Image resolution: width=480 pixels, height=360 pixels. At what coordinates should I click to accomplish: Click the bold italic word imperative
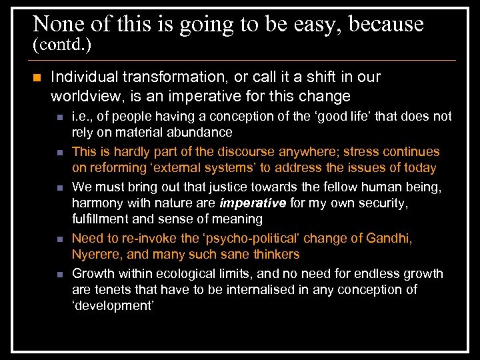[253, 203]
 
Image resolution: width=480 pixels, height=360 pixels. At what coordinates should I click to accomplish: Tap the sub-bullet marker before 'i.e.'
[60, 117]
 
